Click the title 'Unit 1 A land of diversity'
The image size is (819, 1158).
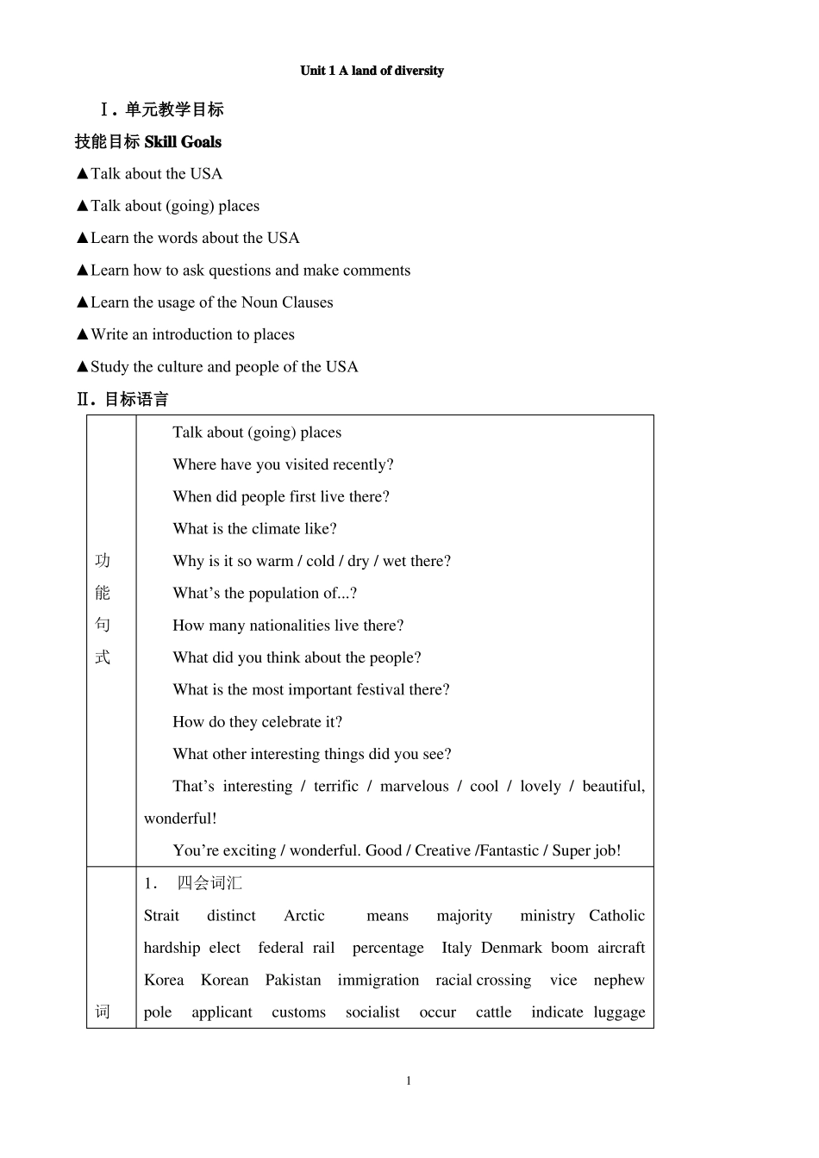tap(372, 71)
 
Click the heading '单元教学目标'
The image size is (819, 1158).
tap(174, 109)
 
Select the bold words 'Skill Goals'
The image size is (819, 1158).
tap(183, 142)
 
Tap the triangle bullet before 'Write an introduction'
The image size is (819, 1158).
tap(83, 334)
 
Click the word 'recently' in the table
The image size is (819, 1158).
tap(363, 464)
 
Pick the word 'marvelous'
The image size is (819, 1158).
tap(414, 786)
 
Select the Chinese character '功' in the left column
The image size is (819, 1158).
tap(103, 561)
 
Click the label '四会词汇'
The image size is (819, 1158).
tap(209, 883)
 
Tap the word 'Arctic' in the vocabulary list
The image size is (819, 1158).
tap(304, 916)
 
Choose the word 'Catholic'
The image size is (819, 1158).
tap(616, 916)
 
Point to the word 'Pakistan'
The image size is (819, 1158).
tap(293, 981)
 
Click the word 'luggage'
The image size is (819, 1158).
tap(619, 1012)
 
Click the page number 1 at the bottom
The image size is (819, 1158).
tap(409, 1081)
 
